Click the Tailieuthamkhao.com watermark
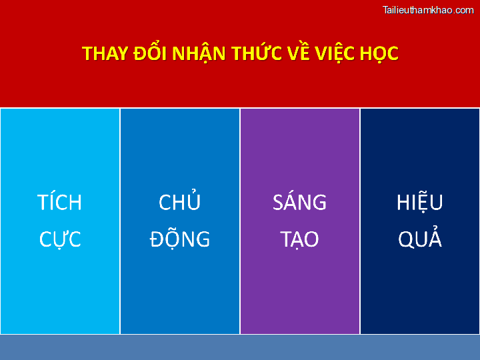428,10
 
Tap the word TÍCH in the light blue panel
60,203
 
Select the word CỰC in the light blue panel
60,239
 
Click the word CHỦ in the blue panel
180,203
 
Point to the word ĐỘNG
180,239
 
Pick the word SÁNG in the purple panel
300,203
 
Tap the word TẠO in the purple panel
300,239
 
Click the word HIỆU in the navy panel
420,203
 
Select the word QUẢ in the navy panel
420,239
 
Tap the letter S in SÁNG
278,203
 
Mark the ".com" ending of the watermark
463,10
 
